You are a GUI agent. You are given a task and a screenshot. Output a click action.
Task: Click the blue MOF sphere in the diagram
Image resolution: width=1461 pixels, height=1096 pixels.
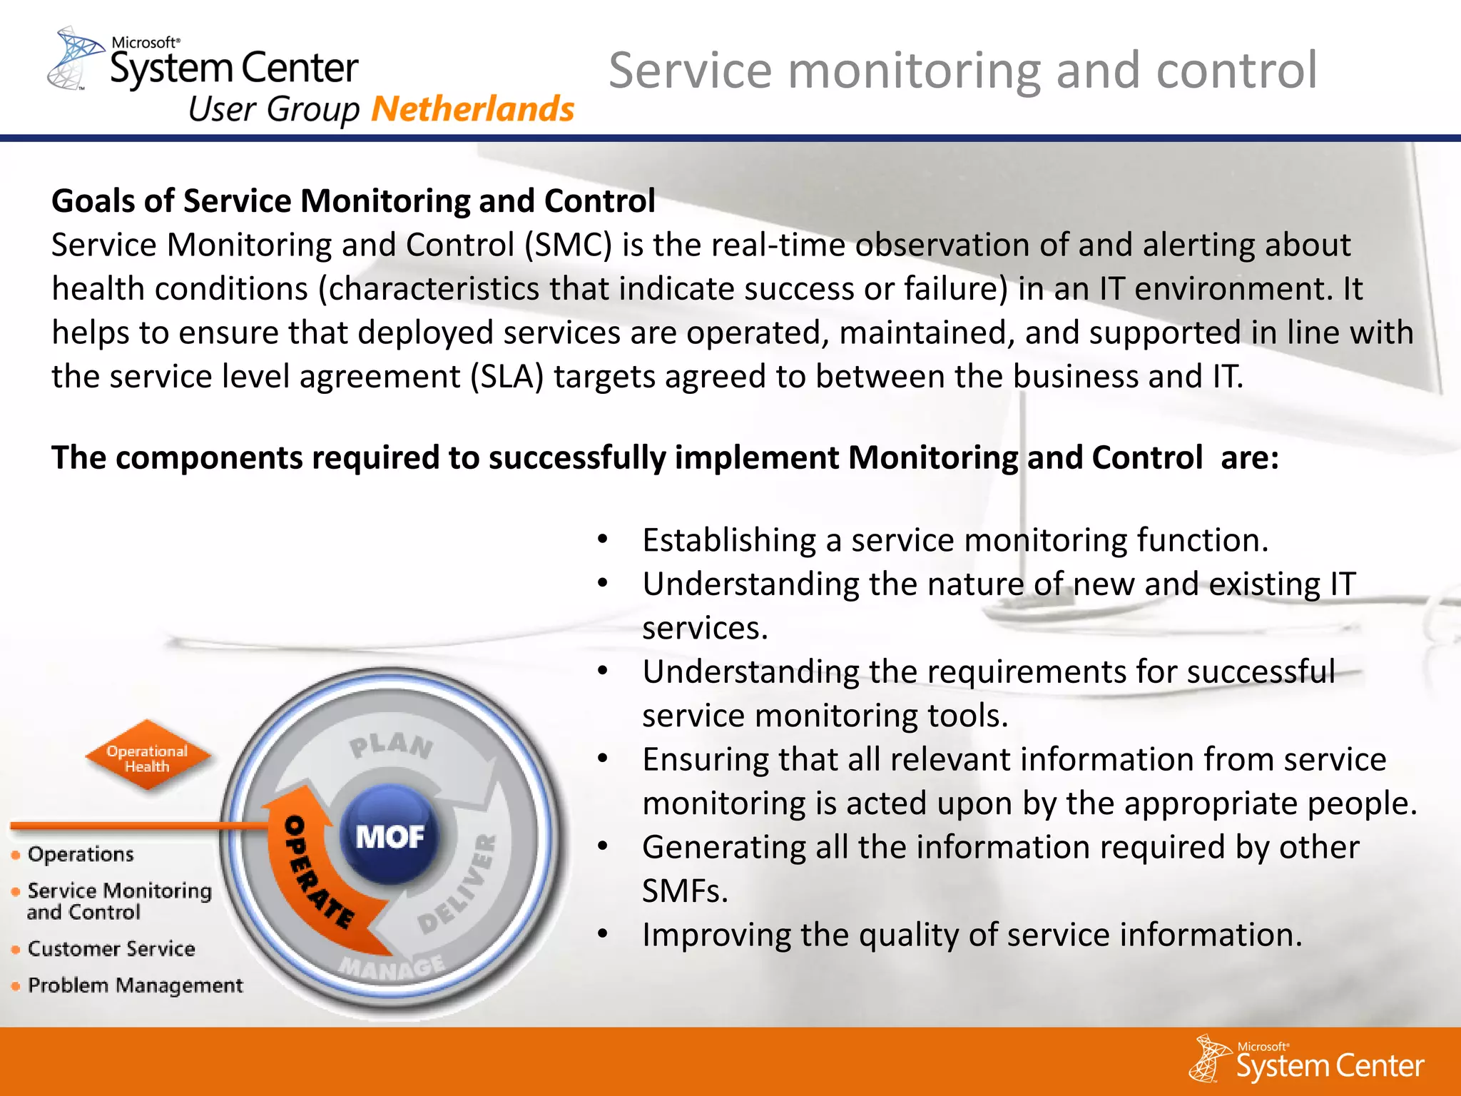pos(390,835)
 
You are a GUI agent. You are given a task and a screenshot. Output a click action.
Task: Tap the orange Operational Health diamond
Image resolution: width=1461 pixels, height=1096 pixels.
pos(148,758)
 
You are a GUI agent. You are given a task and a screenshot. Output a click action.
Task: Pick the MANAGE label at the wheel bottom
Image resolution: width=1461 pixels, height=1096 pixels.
pos(391,968)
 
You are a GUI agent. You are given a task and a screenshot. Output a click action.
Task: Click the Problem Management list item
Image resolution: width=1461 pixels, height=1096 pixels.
pos(135,985)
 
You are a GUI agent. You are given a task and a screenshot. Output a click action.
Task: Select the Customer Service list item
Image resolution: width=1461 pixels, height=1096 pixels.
pos(111,948)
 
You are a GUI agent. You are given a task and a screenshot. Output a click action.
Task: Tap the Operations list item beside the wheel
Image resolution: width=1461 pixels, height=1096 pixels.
pos(80,854)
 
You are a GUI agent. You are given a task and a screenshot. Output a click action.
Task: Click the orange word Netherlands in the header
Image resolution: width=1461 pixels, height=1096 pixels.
pos(472,109)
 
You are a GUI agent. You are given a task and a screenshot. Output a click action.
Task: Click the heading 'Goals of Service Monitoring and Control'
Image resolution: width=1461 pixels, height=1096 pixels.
pos(353,201)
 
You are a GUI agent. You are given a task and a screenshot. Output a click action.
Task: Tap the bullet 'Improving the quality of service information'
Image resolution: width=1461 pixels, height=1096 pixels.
pos(972,935)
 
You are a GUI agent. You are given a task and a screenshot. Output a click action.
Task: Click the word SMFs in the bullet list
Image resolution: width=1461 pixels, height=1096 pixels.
pos(684,891)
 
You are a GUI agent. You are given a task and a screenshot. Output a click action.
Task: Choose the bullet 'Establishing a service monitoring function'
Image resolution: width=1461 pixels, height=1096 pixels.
pos(955,540)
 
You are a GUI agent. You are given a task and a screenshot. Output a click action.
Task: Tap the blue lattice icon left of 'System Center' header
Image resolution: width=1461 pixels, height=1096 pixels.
pos(75,59)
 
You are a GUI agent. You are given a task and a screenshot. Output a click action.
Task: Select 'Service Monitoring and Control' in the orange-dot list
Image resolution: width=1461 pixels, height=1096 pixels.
pos(119,901)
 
